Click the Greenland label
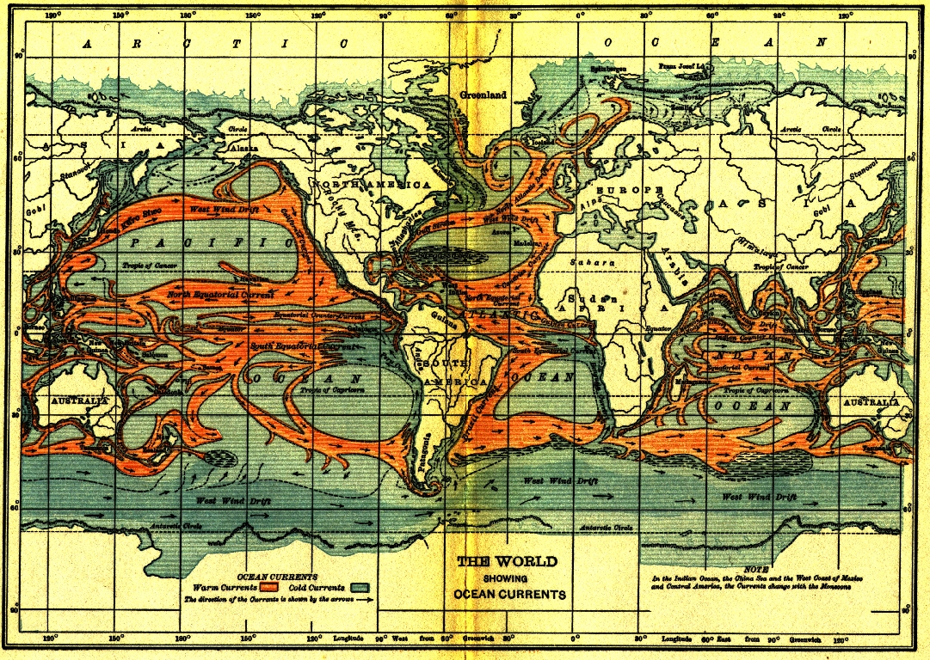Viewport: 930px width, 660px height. [x=483, y=95]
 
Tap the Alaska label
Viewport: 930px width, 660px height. [x=243, y=148]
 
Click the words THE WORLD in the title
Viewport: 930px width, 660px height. [x=507, y=562]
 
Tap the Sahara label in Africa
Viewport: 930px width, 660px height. [x=597, y=261]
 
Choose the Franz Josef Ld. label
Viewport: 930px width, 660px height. [x=681, y=66]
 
